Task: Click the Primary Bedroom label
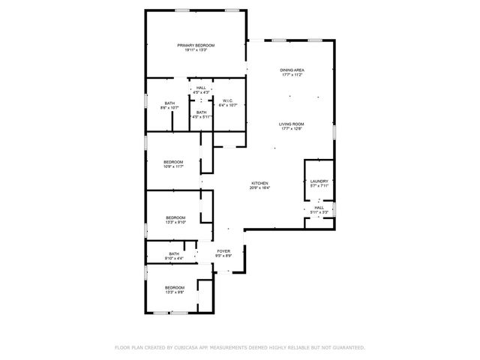tap(191, 46)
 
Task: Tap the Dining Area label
tap(292, 70)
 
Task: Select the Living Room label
tap(292, 124)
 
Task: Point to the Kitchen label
tap(259, 183)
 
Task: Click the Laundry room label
tap(319, 181)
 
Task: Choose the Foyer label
tap(223, 250)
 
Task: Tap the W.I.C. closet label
tap(228, 100)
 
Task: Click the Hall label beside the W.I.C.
tap(201, 88)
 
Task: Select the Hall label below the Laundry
tap(319, 208)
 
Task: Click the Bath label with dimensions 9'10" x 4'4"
tap(174, 254)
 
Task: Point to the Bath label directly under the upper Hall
tap(201, 112)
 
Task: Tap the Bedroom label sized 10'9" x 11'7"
tap(173, 162)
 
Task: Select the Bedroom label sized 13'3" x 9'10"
tap(175, 217)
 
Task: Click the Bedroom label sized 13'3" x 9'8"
tap(175, 288)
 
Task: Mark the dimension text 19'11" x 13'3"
tap(191, 51)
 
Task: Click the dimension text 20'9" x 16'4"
tap(259, 188)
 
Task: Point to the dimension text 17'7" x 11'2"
tap(292, 75)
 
